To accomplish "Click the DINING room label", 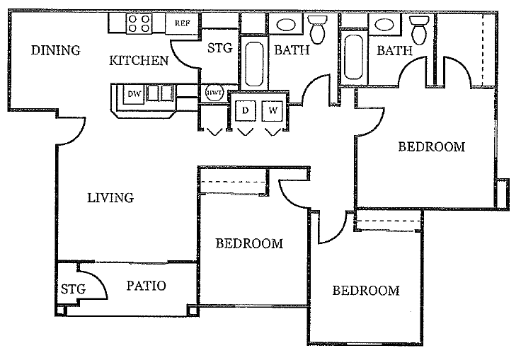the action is click(x=55, y=50).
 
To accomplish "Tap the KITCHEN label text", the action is click(x=139, y=60).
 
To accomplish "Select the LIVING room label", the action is click(x=110, y=197).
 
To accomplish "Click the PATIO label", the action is click(x=146, y=286).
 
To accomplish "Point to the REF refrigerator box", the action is click(x=183, y=23).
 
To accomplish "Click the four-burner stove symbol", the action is click(x=139, y=23).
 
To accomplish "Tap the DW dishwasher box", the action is click(x=134, y=93).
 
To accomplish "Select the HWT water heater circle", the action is click(x=214, y=93).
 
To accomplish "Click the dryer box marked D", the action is click(x=246, y=110).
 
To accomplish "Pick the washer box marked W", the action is click(x=273, y=110).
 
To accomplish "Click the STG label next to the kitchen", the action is click(x=219, y=48).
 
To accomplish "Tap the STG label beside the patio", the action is click(x=73, y=289).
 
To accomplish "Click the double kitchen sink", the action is click(x=160, y=93).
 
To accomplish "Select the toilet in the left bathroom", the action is click(x=318, y=29).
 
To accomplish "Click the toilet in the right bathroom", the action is click(x=420, y=30).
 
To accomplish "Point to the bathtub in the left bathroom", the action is click(x=255, y=64).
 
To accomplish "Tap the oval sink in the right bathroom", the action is click(x=384, y=24).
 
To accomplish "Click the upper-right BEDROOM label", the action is click(x=432, y=147).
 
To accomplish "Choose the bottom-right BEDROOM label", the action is click(x=366, y=291).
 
